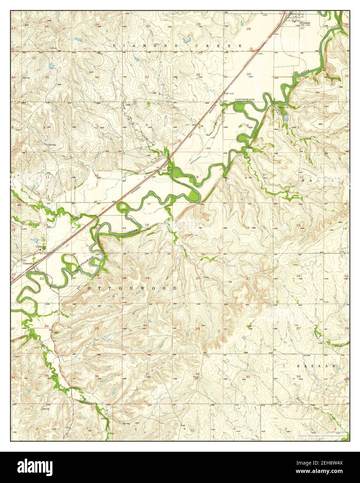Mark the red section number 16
pyautogui.click(x=247, y=228)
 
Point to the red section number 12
pyautogui.click(x=97, y=175)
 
